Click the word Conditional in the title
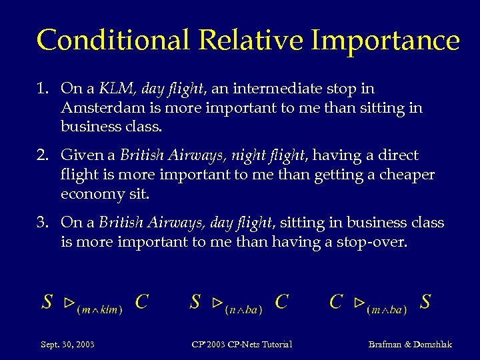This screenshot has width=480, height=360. point(113,40)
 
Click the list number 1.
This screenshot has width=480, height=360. point(42,89)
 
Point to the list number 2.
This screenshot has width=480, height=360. point(41,156)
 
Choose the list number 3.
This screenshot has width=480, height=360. point(41,223)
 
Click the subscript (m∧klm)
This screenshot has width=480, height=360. point(99,310)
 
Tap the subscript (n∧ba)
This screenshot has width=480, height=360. point(243,310)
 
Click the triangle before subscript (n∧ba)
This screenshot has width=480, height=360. point(216,303)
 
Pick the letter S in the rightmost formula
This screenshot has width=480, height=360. point(425,302)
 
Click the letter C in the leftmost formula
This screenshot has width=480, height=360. point(141,302)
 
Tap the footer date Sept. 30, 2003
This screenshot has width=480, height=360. point(67,345)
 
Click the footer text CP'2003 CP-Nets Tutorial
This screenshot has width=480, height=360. point(241,345)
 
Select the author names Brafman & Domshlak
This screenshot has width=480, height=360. point(410,345)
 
